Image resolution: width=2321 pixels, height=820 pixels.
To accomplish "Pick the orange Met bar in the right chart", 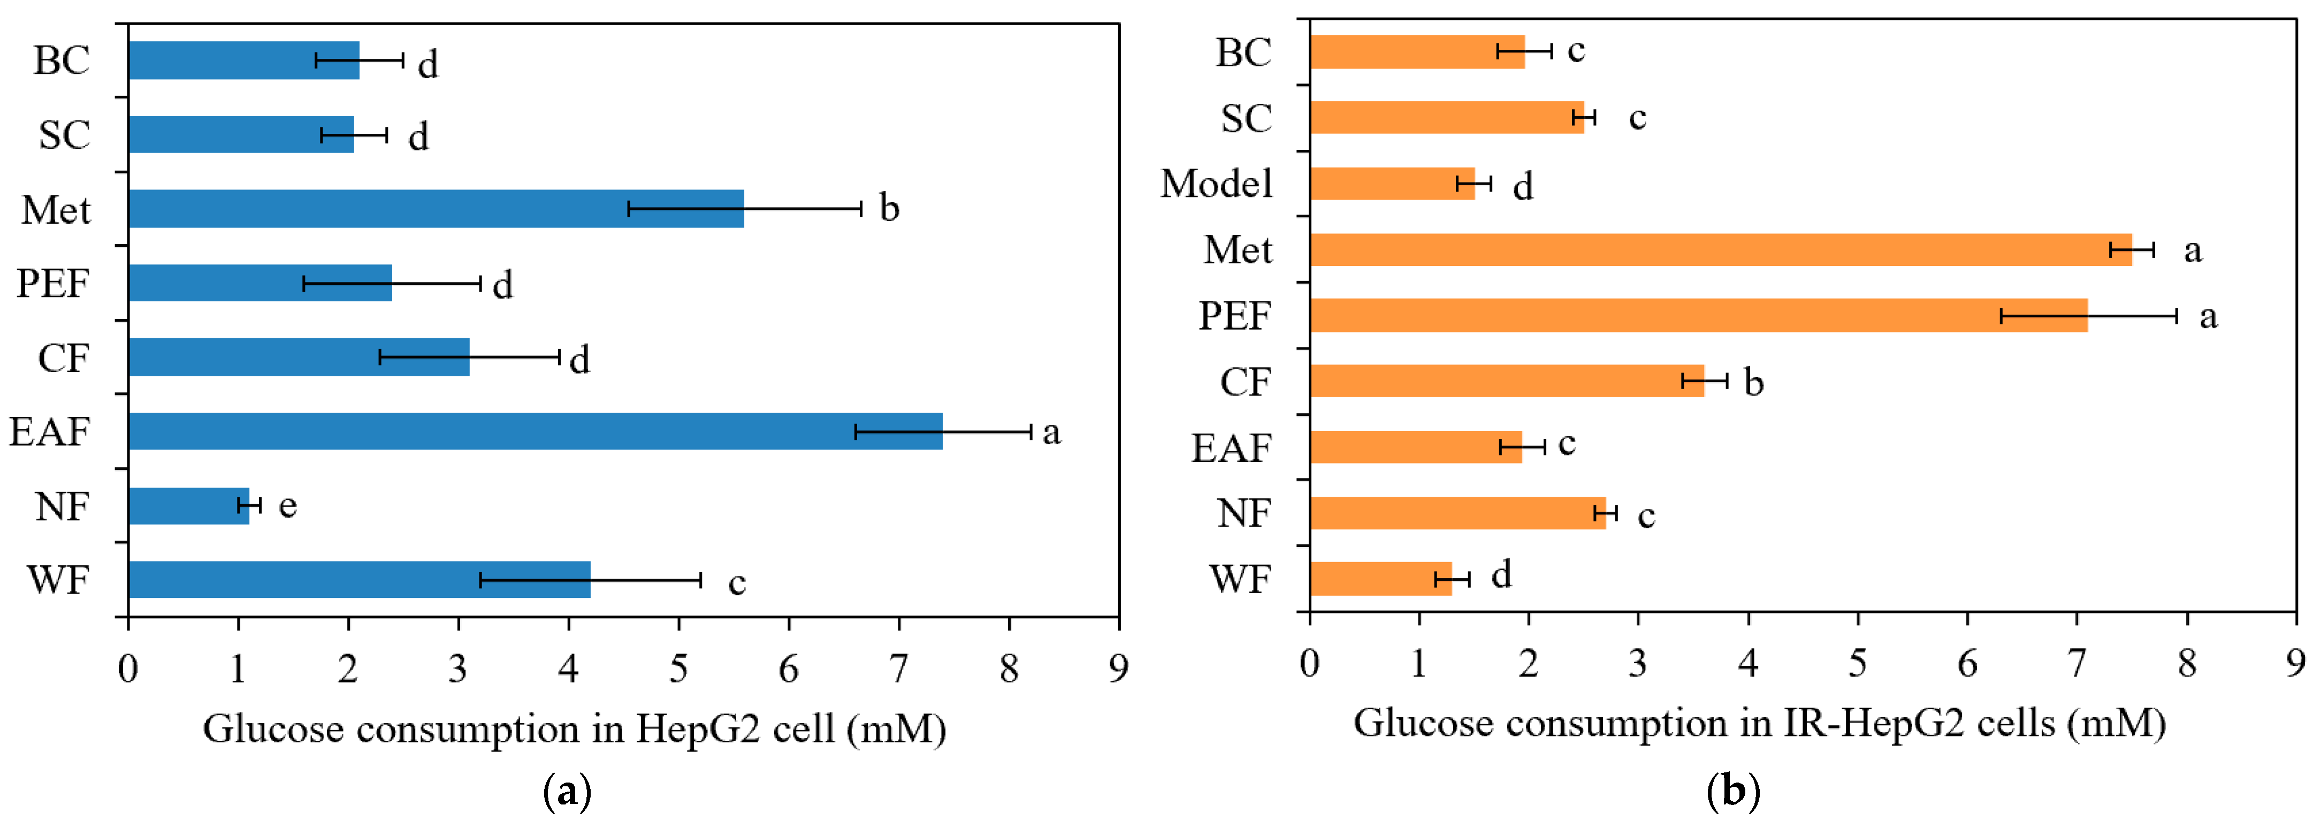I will [x=1721, y=249].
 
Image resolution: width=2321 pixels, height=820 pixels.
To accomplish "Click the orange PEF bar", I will [x=1698, y=315].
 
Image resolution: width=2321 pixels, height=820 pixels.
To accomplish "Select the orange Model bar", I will [x=1392, y=184].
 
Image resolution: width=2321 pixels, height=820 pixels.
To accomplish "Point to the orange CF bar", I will [x=1507, y=381].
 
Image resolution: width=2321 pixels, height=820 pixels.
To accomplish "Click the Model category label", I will [x=1216, y=184].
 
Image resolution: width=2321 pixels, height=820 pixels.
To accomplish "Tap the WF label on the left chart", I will [x=58, y=580].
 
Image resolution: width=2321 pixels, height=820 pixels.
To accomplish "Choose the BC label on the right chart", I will [x=1243, y=52].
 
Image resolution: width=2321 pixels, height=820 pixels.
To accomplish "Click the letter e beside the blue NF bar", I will [x=287, y=505].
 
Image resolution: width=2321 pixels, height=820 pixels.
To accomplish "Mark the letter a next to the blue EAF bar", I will [x=1051, y=432].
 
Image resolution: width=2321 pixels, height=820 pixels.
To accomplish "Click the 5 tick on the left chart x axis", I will [x=678, y=669].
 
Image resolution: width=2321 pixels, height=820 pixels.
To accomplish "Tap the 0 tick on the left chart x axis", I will [x=128, y=669].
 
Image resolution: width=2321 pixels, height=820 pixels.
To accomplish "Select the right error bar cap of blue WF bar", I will [x=700, y=580].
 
